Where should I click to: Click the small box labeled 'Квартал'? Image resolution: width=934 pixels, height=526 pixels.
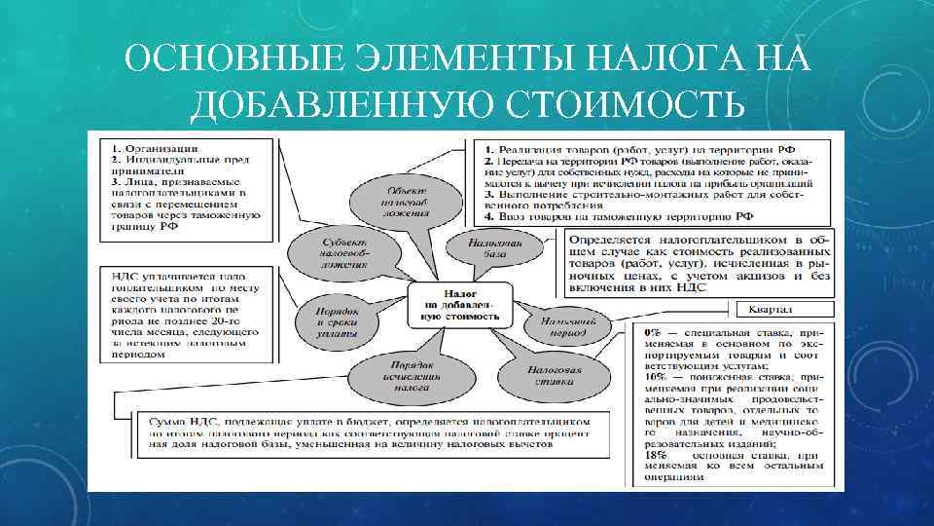(x=774, y=310)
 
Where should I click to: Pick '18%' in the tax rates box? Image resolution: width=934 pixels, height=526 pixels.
(x=654, y=455)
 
